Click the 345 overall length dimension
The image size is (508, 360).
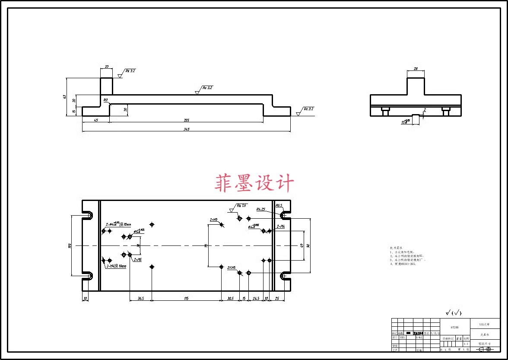click(x=186, y=129)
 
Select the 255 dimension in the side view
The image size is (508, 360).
click(x=186, y=120)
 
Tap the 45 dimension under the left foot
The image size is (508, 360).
click(x=95, y=120)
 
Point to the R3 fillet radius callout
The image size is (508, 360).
click(x=105, y=100)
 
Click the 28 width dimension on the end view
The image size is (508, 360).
click(x=416, y=69)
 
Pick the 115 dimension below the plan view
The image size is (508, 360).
click(x=186, y=298)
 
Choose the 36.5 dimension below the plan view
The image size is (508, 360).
click(x=141, y=298)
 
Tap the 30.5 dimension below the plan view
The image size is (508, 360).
click(x=230, y=298)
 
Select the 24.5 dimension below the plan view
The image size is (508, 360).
click(x=256, y=298)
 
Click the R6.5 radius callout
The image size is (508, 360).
click(x=279, y=205)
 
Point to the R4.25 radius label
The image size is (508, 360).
click(x=260, y=209)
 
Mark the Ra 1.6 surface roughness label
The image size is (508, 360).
click(x=241, y=206)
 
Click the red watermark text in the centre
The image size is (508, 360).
click(x=254, y=183)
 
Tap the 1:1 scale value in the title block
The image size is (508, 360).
click(x=466, y=344)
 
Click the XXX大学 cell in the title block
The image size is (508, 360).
click(x=485, y=324)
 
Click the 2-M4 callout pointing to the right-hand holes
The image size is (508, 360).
click(x=280, y=226)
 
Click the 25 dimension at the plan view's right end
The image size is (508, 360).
click(x=276, y=298)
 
